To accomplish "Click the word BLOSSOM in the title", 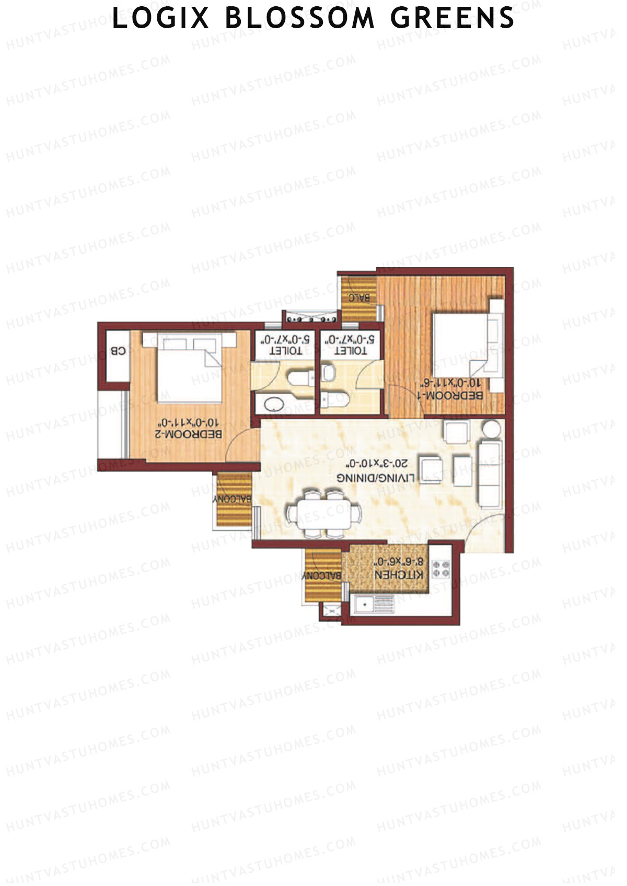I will click(x=300, y=18).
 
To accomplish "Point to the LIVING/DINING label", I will click(x=376, y=478).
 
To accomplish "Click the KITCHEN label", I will click(x=399, y=574).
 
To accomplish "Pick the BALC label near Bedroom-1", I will click(x=359, y=299).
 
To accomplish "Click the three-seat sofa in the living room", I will click(x=490, y=474).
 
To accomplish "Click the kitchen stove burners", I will click(x=440, y=569).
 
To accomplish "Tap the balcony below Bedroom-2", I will click(x=233, y=500).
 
